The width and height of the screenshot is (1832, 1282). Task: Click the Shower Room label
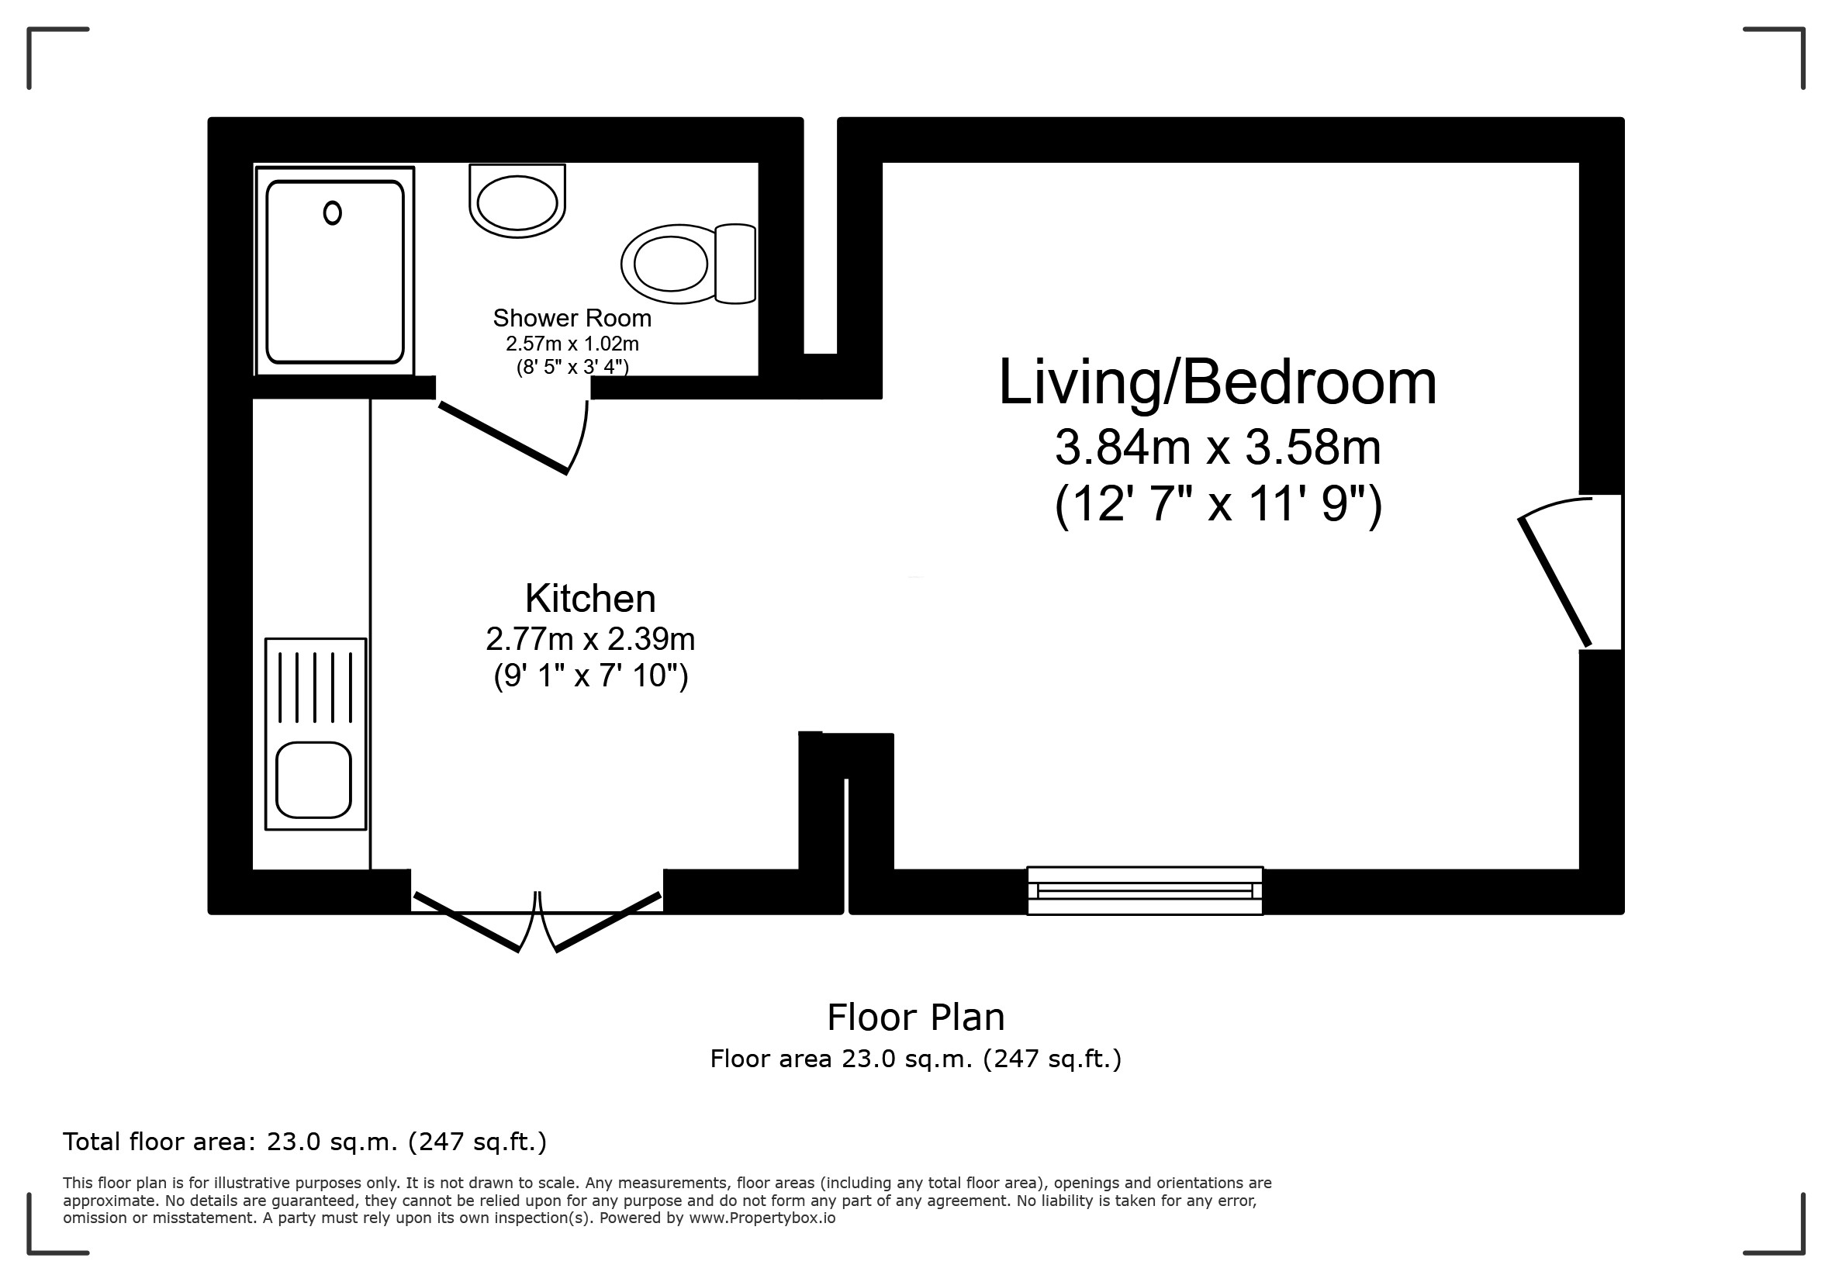[572, 318]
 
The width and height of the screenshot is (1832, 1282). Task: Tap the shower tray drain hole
[333, 213]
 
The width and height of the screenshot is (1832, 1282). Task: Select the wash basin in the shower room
[517, 201]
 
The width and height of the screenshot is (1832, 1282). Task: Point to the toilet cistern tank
[735, 263]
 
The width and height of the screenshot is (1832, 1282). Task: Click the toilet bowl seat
[670, 263]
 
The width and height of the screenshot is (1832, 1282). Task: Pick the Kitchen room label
[590, 598]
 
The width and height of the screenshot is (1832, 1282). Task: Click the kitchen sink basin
[313, 779]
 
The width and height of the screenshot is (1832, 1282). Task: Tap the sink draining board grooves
[315, 686]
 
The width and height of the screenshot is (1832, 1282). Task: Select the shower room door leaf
[503, 438]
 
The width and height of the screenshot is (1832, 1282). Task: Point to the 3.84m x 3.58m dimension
[1218, 447]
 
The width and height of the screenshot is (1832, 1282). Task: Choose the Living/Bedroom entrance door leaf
[1554, 582]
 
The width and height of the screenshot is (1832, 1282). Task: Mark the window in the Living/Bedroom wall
[1145, 890]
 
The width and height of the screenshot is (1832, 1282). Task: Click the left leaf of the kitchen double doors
[467, 922]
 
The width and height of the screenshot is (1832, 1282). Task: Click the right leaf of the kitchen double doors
[608, 922]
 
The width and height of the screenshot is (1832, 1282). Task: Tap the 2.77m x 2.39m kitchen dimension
[590, 639]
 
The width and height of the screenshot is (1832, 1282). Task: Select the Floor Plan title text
[916, 1017]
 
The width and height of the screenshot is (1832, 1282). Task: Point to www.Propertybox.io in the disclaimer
[762, 1218]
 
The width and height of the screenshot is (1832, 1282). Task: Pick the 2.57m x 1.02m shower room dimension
[572, 344]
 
